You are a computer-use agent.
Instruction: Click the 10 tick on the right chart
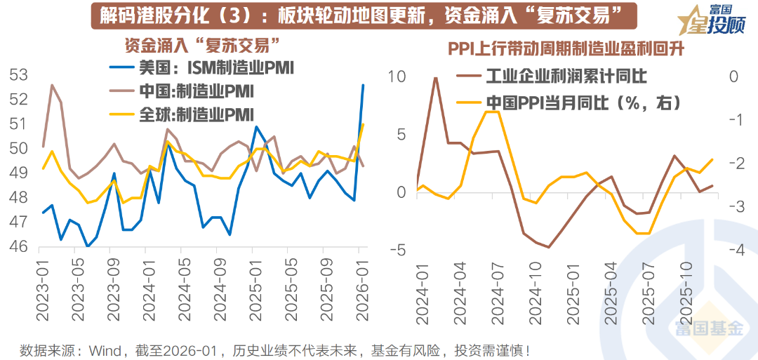(397, 76)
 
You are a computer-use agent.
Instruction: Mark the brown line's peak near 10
(435, 78)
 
